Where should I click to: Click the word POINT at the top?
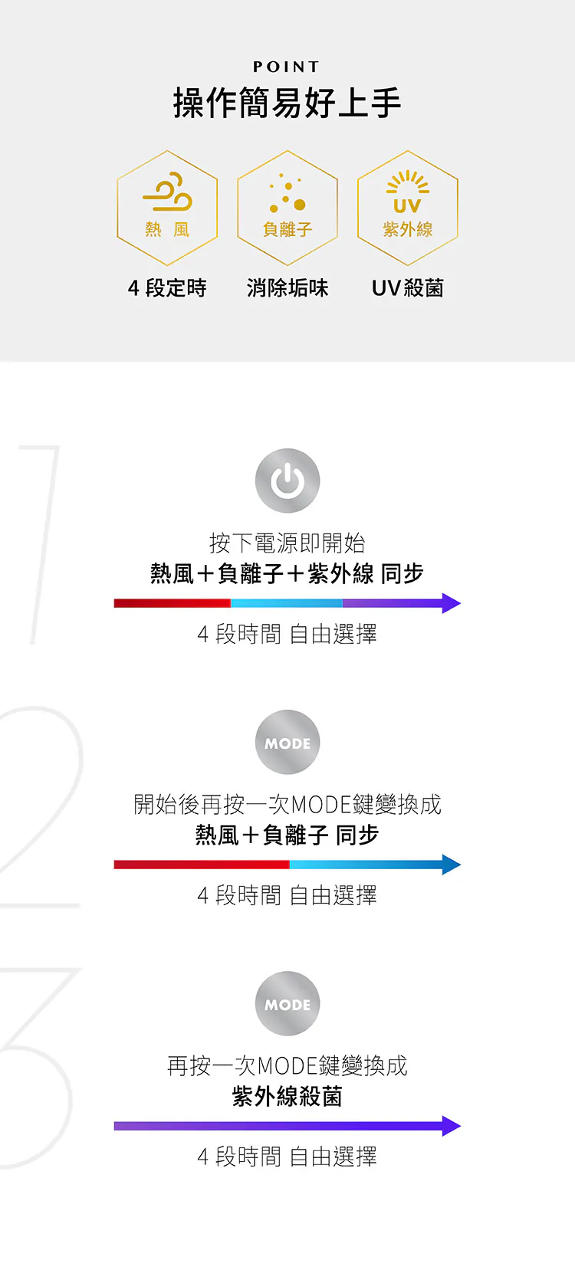click(x=287, y=67)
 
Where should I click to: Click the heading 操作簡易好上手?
click(x=287, y=103)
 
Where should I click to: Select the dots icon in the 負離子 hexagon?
click(x=287, y=194)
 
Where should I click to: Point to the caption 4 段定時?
click(x=167, y=288)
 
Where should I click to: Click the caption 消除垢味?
click(x=287, y=288)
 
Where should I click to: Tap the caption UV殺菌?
click(x=408, y=288)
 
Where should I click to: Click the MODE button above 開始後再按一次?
click(x=287, y=743)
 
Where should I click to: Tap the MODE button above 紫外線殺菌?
click(x=287, y=1004)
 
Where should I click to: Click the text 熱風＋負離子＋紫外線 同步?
click(x=287, y=573)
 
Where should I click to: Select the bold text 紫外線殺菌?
click(x=287, y=1097)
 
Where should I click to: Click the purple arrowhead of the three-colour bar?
click(x=452, y=603)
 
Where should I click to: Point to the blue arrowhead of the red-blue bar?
click(x=452, y=865)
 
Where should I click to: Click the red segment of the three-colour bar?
click(x=172, y=603)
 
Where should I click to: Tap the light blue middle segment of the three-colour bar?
click(x=287, y=603)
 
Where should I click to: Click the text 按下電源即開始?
click(x=287, y=543)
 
